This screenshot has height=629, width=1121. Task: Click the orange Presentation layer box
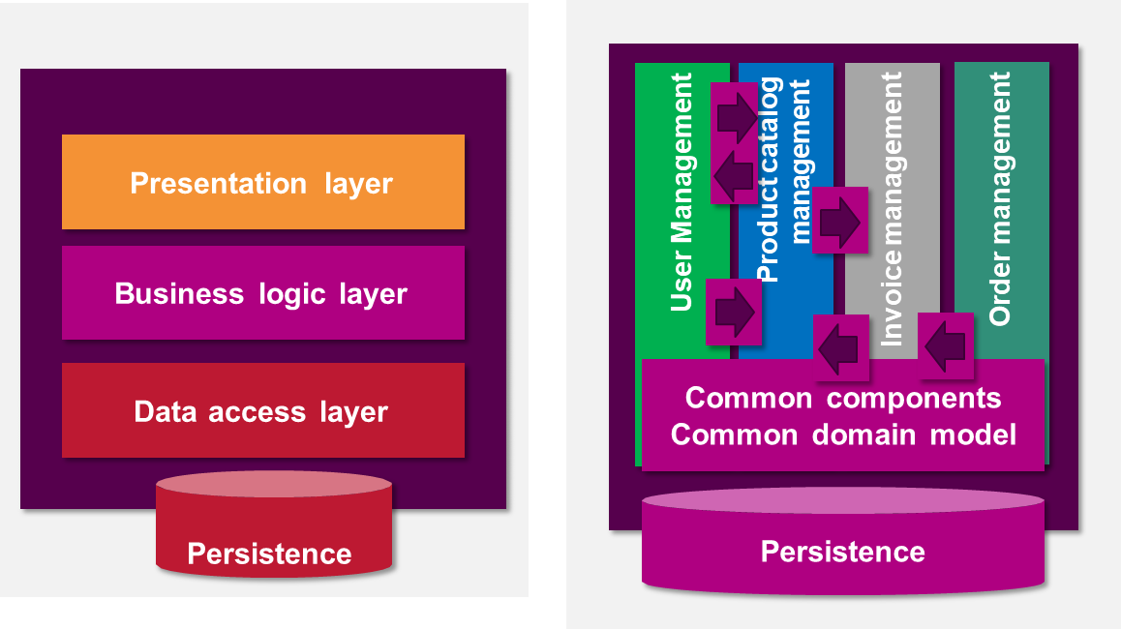[262, 182]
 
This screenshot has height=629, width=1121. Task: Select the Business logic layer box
[262, 292]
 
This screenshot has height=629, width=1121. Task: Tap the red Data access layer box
[262, 410]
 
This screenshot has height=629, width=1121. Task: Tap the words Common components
[842, 398]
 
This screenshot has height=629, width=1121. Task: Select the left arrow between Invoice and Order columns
[945, 344]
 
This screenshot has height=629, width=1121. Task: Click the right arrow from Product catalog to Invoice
[839, 221]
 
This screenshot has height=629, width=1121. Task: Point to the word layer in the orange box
[359, 183]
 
